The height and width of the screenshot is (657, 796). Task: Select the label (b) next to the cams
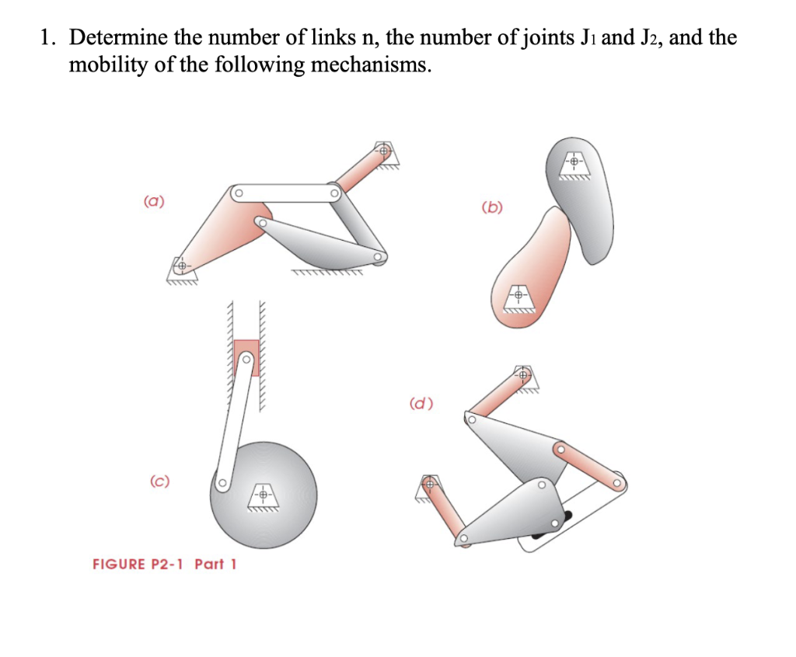click(492, 207)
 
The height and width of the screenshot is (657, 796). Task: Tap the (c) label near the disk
click(160, 481)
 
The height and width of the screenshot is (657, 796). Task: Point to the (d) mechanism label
click(421, 403)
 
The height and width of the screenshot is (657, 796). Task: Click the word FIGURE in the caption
click(119, 563)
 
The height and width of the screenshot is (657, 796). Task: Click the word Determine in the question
click(117, 36)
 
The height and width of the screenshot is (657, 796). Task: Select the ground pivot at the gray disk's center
click(264, 495)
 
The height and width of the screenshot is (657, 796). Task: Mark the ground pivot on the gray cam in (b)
click(574, 163)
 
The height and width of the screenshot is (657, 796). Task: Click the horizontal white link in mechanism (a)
click(288, 193)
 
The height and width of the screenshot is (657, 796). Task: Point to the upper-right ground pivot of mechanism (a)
click(383, 151)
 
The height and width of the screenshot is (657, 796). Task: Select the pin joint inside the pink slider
click(246, 359)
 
